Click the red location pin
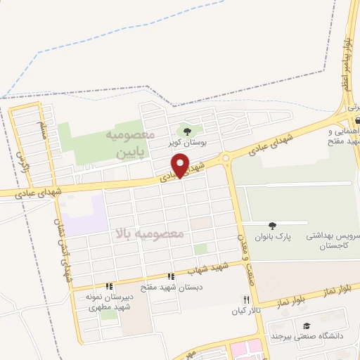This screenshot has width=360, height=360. coord(181,165)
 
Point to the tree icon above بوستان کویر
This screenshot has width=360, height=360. coord(186,131)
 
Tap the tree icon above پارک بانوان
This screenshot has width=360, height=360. coord(271,225)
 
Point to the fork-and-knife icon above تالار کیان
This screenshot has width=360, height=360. coord(245,299)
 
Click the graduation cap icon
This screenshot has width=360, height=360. coord(307,326)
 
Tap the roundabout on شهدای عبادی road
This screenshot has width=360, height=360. coord(226,159)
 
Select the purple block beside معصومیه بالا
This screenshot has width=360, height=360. coord(83,214)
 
